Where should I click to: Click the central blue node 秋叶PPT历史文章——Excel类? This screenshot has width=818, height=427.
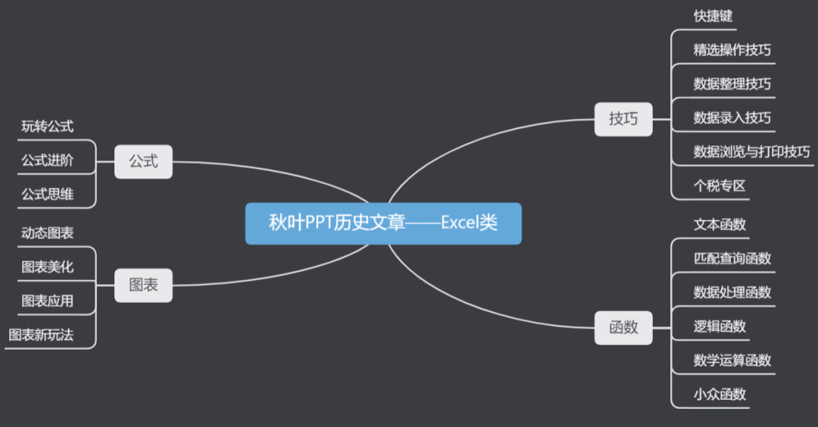tap(383, 223)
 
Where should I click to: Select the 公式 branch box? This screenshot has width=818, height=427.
tap(143, 161)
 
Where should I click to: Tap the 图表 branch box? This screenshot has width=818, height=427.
tap(143, 285)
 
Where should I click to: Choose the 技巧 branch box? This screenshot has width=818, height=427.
tap(623, 119)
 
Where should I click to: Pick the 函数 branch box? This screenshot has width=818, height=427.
tap(623, 327)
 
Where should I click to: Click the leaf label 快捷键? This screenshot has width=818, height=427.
tap(713, 16)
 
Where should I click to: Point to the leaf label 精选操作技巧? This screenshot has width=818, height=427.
tap(732, 50)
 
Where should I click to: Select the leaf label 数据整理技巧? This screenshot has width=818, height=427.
tap(732, 84)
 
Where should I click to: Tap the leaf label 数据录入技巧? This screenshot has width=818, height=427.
tap(732, 118)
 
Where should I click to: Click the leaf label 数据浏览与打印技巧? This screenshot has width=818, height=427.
tap(751, 151)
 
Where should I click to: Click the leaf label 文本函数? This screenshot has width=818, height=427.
tap(720, 224)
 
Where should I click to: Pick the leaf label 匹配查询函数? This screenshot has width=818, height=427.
tap(732, 258)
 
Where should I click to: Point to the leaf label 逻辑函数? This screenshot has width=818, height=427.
tap(720, 326)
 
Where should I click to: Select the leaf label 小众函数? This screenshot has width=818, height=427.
tap(720, 394)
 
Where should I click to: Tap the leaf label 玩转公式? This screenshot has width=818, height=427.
tap(47, 126)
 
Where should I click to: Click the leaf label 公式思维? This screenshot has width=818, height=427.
tap(47, 194)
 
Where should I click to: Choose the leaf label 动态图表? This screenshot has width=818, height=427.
tap(47, 233)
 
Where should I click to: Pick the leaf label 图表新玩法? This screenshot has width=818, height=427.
tap(41, 335)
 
